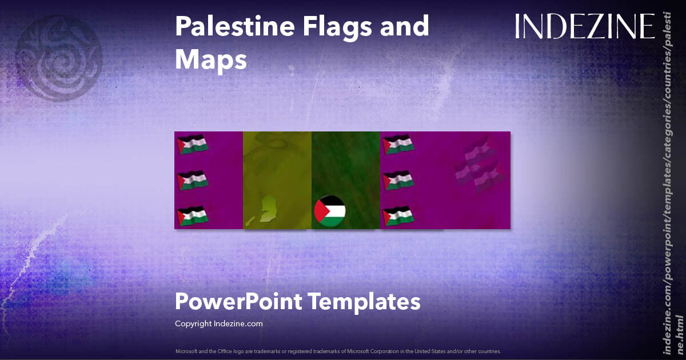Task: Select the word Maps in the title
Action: (210, 59)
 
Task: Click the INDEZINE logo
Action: (584, 26)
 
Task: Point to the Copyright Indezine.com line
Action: (218, 323)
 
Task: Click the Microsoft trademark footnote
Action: (338, 351)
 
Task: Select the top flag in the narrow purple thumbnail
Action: (192, 145)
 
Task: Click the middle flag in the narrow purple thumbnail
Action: (192, 181)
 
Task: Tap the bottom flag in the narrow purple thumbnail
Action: (192, 216)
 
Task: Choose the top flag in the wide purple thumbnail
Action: (398, 145)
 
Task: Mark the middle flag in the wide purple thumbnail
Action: (398, 181)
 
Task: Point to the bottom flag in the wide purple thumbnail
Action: (398, 216)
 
